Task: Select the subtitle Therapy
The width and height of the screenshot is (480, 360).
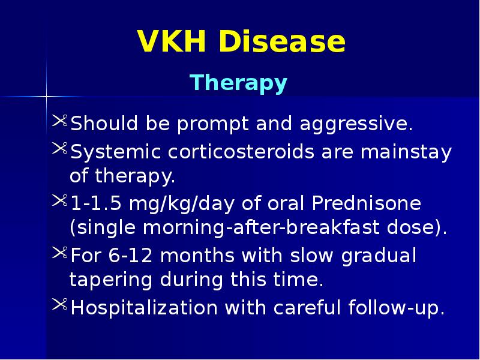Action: [x=238, y=83]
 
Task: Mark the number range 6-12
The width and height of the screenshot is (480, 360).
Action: [x=124, y=256]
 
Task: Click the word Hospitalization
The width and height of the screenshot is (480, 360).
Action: [x=144, y=308]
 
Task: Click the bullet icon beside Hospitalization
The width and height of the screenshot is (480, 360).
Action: [x=60, y=306]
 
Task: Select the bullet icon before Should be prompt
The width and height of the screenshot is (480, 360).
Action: [x=60, y=122]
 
